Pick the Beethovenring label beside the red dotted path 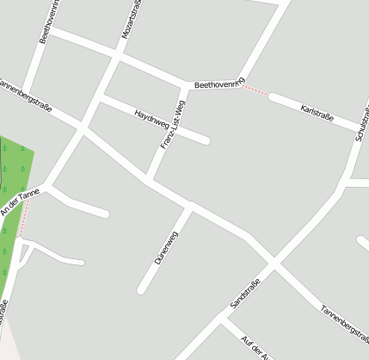(220, 84)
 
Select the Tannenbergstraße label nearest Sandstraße (344, 320)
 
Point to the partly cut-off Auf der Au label (255, 346)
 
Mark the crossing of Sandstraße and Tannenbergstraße (274, 260)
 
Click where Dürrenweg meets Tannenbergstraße (191, 207)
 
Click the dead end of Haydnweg (206, 140)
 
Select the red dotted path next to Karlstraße (255, 90)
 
